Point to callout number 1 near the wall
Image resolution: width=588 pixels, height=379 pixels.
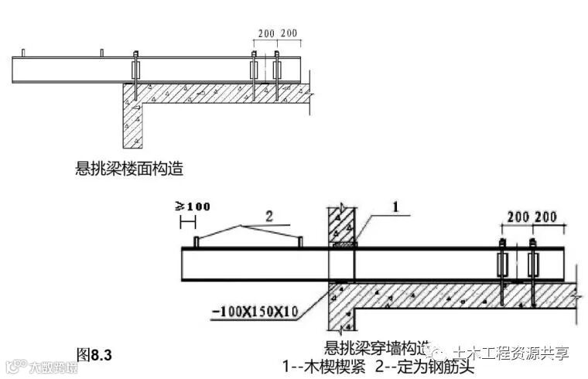(x=396, y=207)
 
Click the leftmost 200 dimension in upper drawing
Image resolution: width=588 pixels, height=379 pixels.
(x=265, y=34)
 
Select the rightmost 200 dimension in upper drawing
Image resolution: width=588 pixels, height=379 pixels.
(x=289, y=34)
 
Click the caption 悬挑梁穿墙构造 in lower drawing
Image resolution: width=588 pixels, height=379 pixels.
(x=378, y=348)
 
